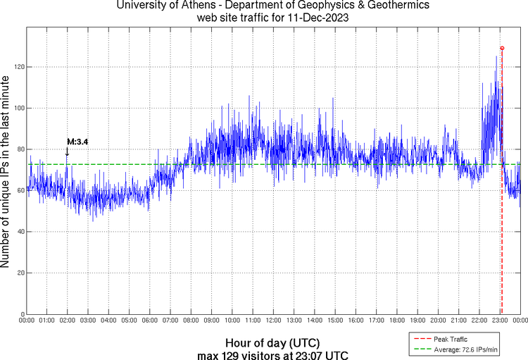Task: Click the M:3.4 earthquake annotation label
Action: pos(77,142)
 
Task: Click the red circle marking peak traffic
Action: pos(502,48)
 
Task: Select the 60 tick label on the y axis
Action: pos(20,190)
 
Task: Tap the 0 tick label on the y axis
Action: pos(23,314)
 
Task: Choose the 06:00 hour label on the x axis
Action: pos(150,321)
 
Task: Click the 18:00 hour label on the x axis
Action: pos(396,321)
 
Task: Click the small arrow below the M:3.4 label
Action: pos(67,151)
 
